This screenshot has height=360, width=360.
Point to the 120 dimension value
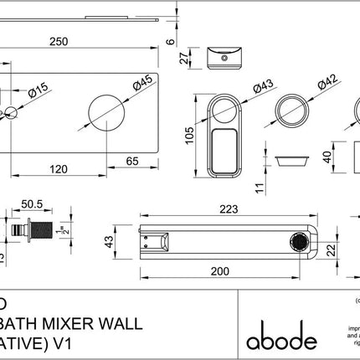pos(59,168)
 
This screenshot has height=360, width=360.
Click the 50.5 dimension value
pos(32,203)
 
